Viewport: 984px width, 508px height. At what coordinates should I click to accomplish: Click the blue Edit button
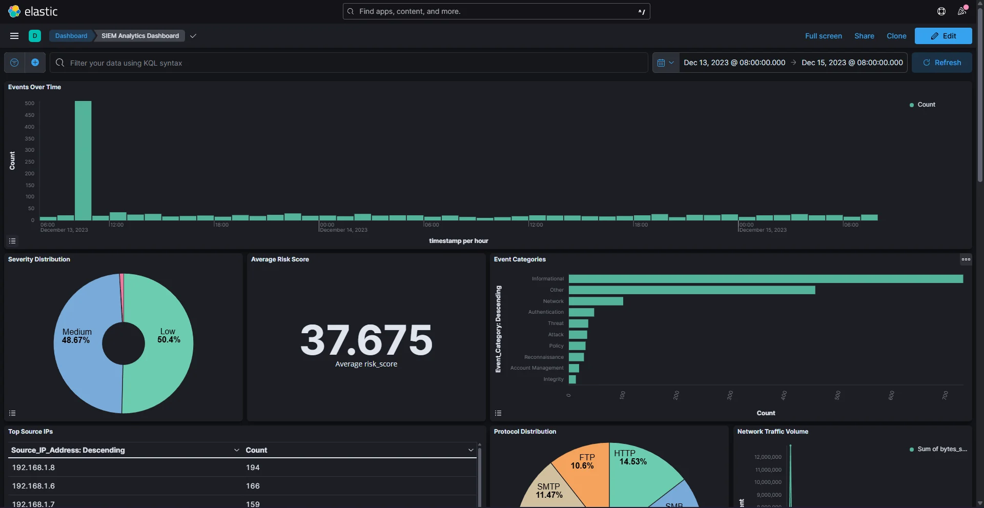coord(943,36)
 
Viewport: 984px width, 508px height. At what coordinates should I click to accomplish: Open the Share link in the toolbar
coord(864,36)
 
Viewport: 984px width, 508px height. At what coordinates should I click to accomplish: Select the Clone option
coord(896,36)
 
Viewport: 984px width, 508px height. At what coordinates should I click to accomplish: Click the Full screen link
coord(823,36)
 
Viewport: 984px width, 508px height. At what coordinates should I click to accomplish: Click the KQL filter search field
coord(348,63)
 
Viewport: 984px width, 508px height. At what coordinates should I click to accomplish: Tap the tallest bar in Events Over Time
coord(83,160)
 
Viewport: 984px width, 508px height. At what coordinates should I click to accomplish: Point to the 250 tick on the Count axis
coord(30,161)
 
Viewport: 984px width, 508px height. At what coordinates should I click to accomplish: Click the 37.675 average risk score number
coord(366,340)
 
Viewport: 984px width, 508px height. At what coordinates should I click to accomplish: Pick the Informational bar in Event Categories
coord(766,279)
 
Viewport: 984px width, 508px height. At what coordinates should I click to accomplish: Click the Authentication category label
coord(546,312)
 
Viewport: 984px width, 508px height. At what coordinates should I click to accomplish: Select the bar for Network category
coord(596,301)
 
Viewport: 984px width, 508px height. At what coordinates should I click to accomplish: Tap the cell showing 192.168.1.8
coord(33,468)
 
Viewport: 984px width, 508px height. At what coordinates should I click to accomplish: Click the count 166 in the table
coord(253,486)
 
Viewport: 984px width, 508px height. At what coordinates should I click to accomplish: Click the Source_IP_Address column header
coord(68,450)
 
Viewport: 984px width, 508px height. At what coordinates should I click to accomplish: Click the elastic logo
coord(33,11)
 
